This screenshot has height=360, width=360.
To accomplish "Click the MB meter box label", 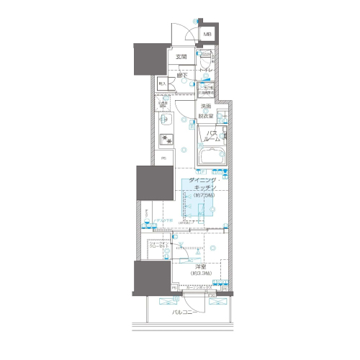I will click(x=207, y=34).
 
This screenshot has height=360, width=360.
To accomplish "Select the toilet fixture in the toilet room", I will click(x=206, y=62).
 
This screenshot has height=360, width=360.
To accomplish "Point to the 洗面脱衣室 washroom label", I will click(x=206, y=110).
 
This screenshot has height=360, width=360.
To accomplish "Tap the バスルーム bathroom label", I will click(x=212, y=137).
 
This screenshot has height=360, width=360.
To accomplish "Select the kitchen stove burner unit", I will click(x=166, y=139).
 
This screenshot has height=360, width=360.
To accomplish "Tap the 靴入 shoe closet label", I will click(x=163, y=84).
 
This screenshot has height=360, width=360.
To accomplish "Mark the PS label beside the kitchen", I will click(x=163, y=158).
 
